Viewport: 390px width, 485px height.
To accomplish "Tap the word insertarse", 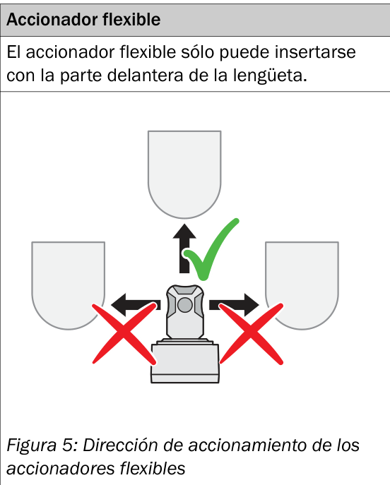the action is (315, 52).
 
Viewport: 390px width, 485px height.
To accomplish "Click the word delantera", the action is (145, 76).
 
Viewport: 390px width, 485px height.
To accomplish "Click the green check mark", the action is (211, 249).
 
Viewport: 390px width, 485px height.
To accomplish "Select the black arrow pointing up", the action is (184, 249).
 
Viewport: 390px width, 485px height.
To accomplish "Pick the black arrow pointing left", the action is (136, 305).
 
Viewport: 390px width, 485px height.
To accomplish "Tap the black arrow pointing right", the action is (234, 305).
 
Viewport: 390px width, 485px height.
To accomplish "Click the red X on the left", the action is (124, 334).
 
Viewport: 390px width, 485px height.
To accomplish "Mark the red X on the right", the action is (251, 334).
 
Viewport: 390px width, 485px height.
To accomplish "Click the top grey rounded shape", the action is (184, 174).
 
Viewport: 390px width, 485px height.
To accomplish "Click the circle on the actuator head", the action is (185, 305).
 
